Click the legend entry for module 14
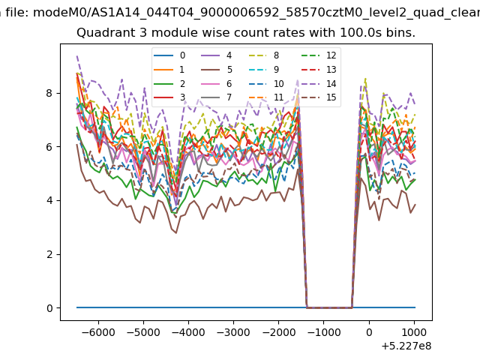[x=319, y=83]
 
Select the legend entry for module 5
[x=217, y=70]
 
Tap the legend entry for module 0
[x=169, y=55]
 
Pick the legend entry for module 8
[x=264, y=55]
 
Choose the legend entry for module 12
[x=319, y=55]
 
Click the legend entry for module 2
[x=169, y=83]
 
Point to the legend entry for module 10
[x=266, y=83]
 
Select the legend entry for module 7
[x=217, y=97]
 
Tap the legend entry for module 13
[x=319, y=70]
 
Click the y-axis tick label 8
[x=49, y=93]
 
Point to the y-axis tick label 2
[x=49, y=254]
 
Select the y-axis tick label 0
[x=49, y=308]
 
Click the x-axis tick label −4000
[x=188, y=332]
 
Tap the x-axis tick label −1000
[x=324, y=332]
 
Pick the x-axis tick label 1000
[x=414, y=332]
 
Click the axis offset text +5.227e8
[x=406, y=346]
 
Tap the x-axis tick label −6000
[x=98, y=332]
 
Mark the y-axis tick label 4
[x=49, y=200]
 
